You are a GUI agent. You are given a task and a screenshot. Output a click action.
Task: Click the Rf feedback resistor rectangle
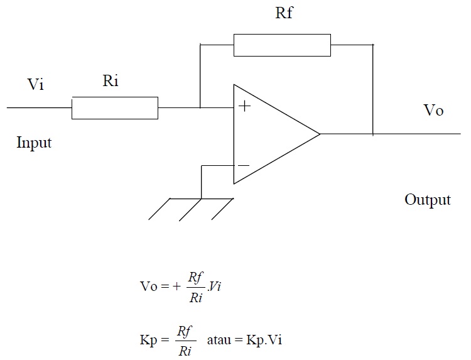282,45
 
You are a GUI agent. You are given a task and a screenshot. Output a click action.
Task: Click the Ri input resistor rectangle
114,108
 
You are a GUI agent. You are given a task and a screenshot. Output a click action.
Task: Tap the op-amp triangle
270,134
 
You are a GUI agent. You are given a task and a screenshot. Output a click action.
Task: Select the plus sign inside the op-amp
244,106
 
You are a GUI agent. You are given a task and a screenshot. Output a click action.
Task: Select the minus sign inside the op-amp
244,166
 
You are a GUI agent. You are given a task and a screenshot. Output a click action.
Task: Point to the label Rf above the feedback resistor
284,13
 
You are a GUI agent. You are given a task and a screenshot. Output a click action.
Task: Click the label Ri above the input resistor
110,81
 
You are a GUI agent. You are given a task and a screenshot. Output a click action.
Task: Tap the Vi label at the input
36,85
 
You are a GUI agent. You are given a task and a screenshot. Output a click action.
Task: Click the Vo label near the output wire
433,111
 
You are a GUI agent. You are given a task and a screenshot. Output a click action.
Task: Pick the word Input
34,143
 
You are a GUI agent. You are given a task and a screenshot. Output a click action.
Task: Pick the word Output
427,200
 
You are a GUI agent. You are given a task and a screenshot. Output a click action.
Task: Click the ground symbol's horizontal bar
201,199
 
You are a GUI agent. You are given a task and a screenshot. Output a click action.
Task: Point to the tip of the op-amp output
319,134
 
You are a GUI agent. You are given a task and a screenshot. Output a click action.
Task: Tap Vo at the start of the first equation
149,286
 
